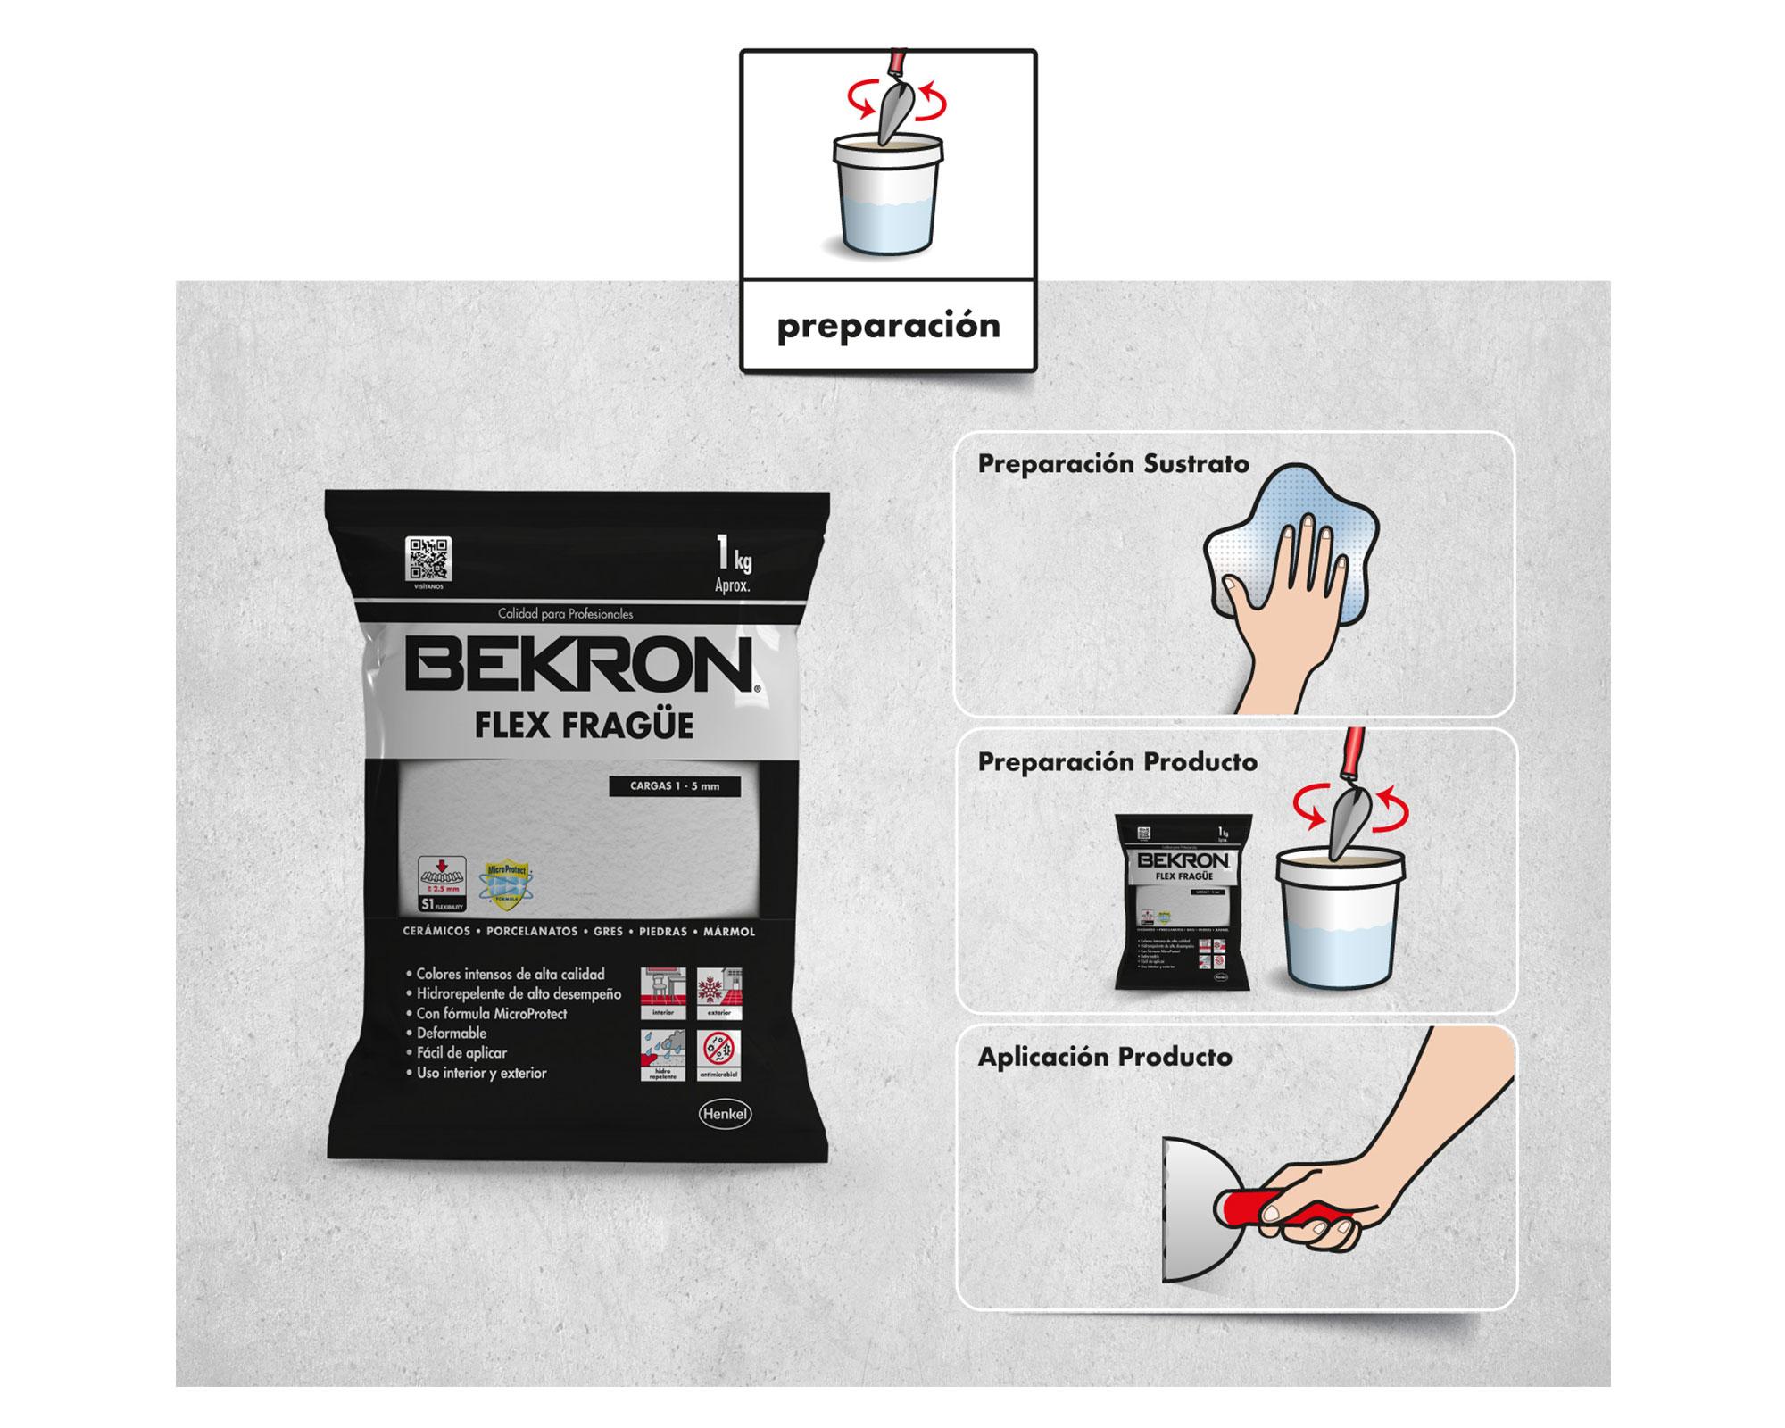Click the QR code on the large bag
428,559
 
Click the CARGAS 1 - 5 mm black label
674,786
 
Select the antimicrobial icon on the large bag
718,1056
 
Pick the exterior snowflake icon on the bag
718,992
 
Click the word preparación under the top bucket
888,326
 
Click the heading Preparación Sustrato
1113,464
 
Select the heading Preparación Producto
1117,762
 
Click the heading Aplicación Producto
1105,1058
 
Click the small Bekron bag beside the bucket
1183,901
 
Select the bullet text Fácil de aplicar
461,1053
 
